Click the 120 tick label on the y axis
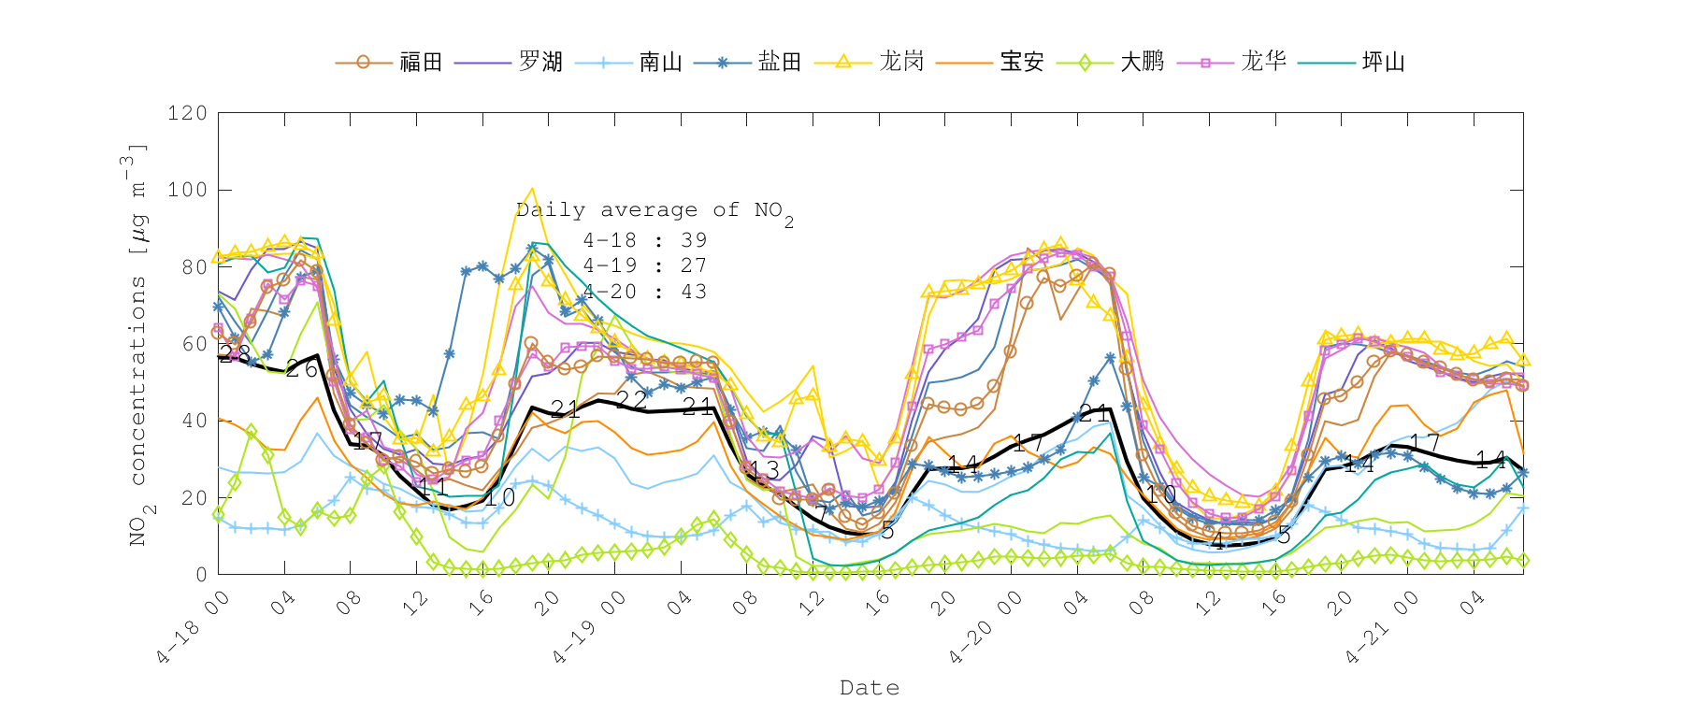(187, 113)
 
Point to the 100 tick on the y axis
(187, 190)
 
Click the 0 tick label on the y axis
(201, 575)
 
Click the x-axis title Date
(870, 688)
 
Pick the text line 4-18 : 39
(645, 240)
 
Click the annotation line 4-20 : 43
(645, 293)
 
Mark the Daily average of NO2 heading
(654, 211)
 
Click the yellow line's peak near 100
(532, 189)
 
